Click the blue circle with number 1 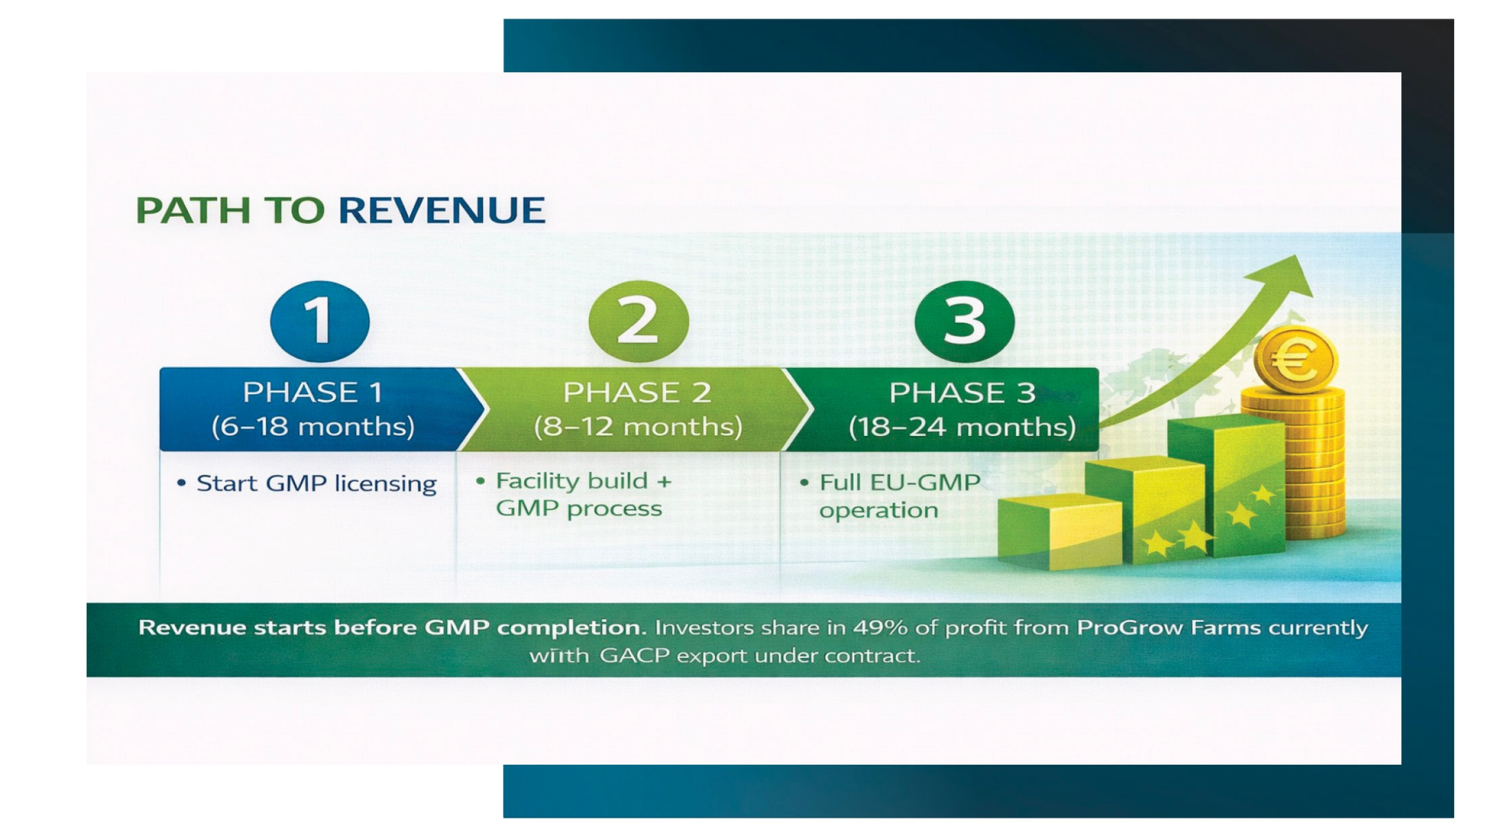[x=320, y=321]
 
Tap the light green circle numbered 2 [x=639, y=321]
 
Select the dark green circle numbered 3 [x=964, y=321]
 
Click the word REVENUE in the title [x=442, y=210]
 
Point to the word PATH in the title [x=192, y=210]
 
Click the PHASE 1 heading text [x=313, y=393]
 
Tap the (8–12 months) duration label [x=638, y=427]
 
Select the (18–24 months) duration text [x=962, y=427]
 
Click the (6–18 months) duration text [x=313, y=427]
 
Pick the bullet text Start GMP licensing [x=316, y=484]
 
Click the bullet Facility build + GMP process [x=583, y=495]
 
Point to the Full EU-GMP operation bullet [x=899, y=496]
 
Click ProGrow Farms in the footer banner [x=1168, y=628]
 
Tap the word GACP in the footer [x=634, y=655]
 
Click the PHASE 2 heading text [x=637, y=393]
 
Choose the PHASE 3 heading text [x=962, y=393]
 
